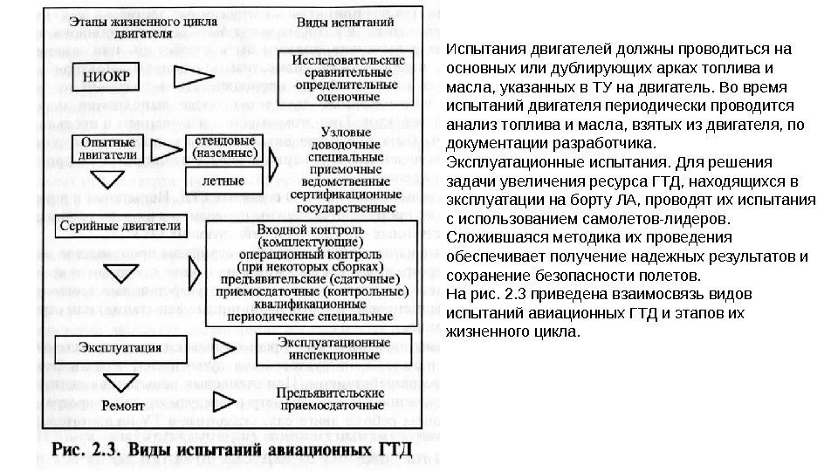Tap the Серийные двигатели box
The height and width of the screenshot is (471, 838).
point(120,226)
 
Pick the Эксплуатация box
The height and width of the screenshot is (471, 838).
point(120,347)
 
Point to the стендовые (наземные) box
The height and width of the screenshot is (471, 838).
point(223,146)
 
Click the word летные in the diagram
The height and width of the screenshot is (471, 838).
point(223,181)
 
